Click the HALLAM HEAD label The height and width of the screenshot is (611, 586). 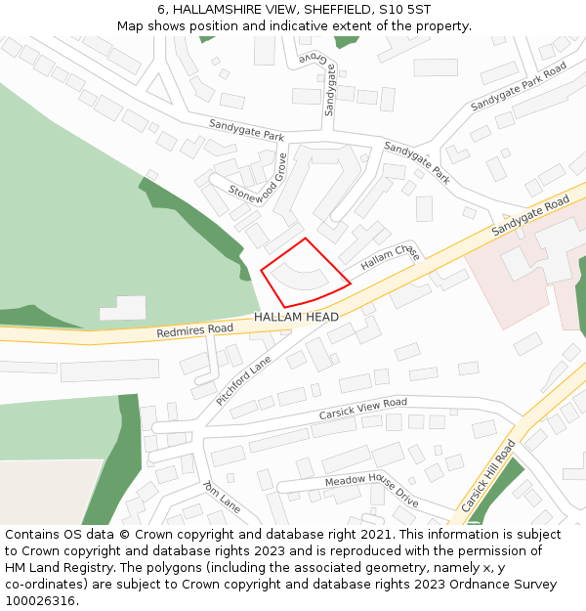pos(296,318)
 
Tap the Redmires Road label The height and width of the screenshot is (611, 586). pos(194,332)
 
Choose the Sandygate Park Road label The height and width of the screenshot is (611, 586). pos(518,86)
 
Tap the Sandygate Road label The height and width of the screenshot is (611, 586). pos(530,215)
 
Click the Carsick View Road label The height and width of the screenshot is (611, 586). pos(362,409)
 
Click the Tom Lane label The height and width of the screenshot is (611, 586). pos(221,497)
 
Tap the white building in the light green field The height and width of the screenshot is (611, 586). pos(122,307)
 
